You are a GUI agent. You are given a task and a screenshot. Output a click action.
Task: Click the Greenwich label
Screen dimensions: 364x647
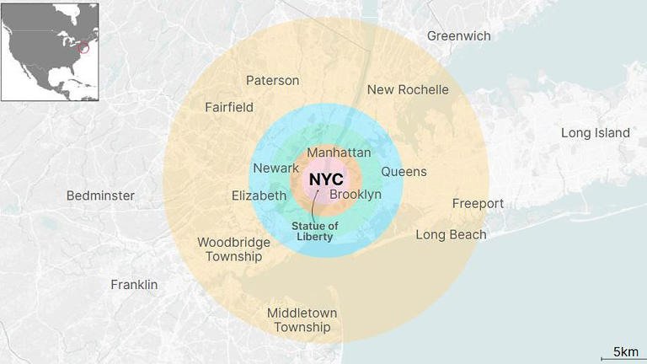click(458, 36)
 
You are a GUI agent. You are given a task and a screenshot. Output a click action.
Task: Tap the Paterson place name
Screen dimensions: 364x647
click(272, 80)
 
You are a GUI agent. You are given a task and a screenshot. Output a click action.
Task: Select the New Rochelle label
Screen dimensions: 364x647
click(408, 89)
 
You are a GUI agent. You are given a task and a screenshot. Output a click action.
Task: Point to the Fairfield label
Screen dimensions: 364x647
click(229, 107)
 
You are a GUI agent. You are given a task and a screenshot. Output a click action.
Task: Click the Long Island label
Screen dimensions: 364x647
click(596, 133)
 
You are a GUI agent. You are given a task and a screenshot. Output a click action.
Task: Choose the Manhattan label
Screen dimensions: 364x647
click(339, 153)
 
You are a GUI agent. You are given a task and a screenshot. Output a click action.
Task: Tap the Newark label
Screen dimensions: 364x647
click(275, 169)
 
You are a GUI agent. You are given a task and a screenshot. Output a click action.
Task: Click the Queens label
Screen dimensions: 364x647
click(404, 172)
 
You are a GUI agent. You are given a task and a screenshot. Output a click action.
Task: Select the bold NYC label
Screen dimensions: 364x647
click(326, 179)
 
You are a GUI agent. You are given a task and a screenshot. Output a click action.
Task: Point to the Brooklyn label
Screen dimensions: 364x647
click(355, 195)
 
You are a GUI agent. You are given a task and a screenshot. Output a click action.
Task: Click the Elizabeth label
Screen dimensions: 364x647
click(259, 195)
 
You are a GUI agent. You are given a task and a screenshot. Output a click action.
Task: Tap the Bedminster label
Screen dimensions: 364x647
click(100, 195)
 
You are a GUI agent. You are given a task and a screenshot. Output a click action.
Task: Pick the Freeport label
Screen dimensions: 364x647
click(478, 204)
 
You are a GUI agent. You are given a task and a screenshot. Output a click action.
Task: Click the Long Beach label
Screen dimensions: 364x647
click(451, 234)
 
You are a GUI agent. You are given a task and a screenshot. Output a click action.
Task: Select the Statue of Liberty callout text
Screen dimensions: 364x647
click(314, 231)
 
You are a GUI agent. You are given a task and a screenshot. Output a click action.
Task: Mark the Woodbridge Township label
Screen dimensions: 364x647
click(233, 249)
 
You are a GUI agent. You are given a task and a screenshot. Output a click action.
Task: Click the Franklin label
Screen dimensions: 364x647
click(134, 285)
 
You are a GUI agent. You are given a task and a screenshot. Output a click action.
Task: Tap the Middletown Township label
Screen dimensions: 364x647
click(298, 320)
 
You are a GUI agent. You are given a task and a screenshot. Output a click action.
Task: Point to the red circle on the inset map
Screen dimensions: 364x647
click(83, 47)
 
